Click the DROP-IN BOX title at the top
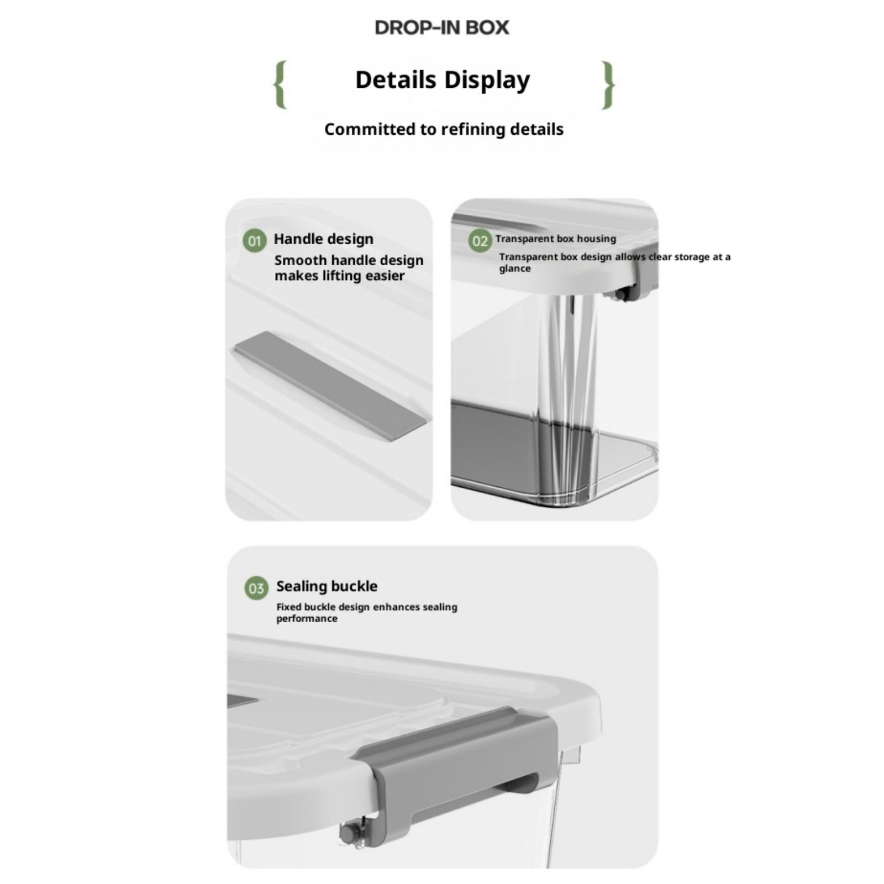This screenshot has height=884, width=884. (x=441, y=28)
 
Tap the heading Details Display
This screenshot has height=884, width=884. (x=443, y=80)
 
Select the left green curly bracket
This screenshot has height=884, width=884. (x=281, y=85)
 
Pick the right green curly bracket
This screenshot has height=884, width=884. (x=608, y=85)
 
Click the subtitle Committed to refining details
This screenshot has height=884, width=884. (x=444, y=129)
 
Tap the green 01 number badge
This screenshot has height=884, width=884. (x=254, y=241)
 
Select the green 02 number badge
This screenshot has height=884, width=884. (x=480, y=241)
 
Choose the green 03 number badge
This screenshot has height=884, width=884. (x=256, y=588)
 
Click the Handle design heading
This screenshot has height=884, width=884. (x=323, y=239)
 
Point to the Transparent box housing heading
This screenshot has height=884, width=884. (x=555, y=239)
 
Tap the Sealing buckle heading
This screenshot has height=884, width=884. (x=327, y=586)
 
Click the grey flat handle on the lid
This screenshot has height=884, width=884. (x=330, y=386)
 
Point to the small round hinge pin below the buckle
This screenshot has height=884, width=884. (x=347, y=834)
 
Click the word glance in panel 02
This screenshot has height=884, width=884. (x=514, y=269)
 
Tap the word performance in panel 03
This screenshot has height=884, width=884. (x=307, y=619)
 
